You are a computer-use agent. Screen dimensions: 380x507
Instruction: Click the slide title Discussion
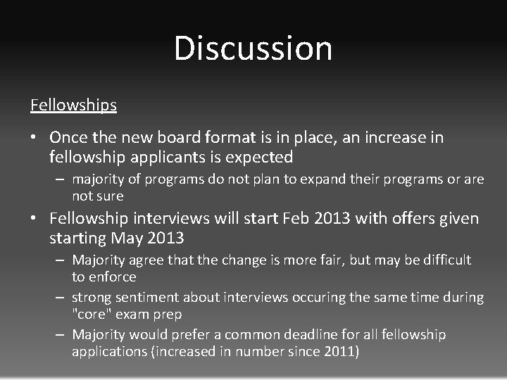click(253, 49)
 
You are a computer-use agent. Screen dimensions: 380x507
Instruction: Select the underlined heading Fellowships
click(73, 105)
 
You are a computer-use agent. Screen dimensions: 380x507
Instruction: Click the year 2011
click(339, 350)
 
